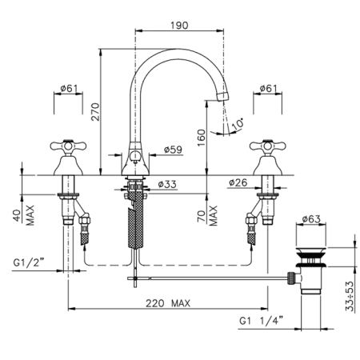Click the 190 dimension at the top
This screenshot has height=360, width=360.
[179, 26]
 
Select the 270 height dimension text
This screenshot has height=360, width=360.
[95, 112]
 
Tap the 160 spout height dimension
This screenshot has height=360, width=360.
[202, 138]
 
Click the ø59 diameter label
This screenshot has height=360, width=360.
[173, 150]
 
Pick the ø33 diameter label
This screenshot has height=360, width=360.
[167, 184]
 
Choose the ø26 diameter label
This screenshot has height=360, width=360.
[238, 182]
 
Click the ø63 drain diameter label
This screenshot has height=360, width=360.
[311, 219]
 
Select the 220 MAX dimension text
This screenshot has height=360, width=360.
[168, 303]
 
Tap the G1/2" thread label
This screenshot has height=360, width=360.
[28, 262]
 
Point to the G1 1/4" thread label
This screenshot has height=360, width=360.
[262, 320]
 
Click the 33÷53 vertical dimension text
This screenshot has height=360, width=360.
[350, 296]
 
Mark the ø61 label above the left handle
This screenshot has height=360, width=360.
[69, 88]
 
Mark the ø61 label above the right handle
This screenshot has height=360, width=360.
[268, 88]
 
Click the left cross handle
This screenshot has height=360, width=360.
[68, 146]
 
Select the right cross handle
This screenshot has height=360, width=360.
[268, 146]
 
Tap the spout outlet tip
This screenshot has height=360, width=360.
[223, 96]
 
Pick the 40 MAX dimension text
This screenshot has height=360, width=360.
[24, 215]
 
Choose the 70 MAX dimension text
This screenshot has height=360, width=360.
[207, 216]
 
